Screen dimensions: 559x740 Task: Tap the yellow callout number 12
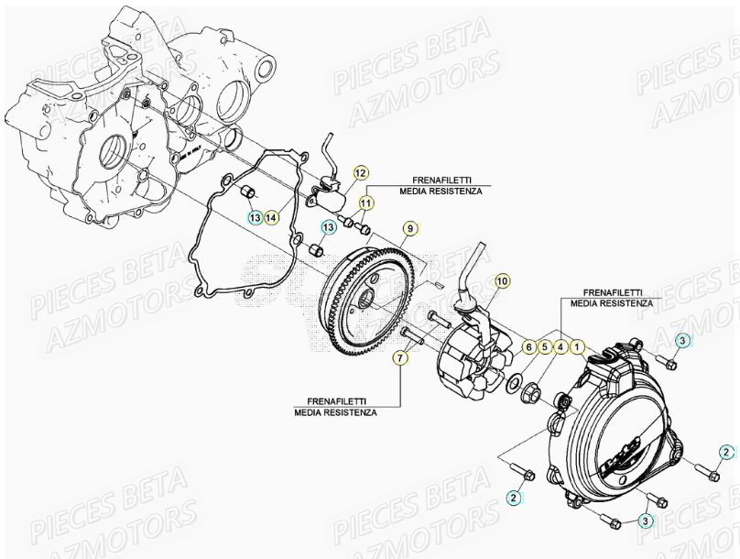(360, 172)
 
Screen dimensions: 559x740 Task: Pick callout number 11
(365, 202)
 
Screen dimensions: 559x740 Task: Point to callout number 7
(400, 357)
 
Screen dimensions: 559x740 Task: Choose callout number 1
(577, 346)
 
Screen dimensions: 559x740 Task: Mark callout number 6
(528, 346)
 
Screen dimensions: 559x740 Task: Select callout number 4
(560, 346)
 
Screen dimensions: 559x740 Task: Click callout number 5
(544, 346)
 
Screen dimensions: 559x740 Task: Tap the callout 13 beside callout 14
(256, 217)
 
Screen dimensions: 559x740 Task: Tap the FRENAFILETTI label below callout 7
(335, 407)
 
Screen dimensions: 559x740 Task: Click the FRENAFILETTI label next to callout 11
(438, 187)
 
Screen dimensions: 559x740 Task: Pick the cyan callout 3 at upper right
(682, 341)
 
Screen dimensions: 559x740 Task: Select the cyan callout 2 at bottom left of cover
(515, 497)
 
